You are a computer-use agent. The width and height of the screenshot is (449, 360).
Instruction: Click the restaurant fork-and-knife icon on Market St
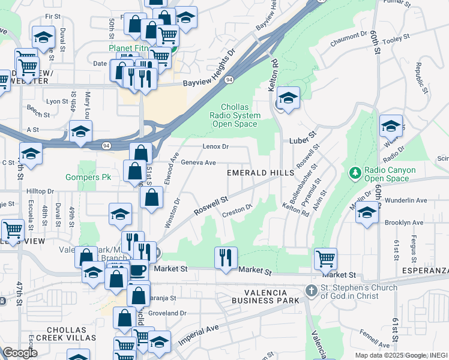tap(225, 257)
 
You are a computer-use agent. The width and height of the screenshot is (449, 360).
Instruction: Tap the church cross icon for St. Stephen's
tap(311, 290)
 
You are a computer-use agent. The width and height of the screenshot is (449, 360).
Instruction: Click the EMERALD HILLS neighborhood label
tap(261, 173)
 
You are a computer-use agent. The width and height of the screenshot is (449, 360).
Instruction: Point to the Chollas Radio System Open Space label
tap(237, 116)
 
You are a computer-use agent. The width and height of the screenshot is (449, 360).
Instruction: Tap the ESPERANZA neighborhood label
tap(423, 278)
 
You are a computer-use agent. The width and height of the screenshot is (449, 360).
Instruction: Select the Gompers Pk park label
tap(85, 178)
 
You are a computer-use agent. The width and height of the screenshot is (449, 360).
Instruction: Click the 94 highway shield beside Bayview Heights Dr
tap(229, 79)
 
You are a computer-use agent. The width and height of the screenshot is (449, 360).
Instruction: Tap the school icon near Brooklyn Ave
tap(367, 212)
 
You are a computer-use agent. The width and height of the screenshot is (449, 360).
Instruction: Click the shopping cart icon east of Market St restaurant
tap(325, 259)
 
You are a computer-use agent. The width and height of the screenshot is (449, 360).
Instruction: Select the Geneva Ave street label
tap(198, 163)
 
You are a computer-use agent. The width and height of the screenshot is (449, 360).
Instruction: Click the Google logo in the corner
tap(20, 353)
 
